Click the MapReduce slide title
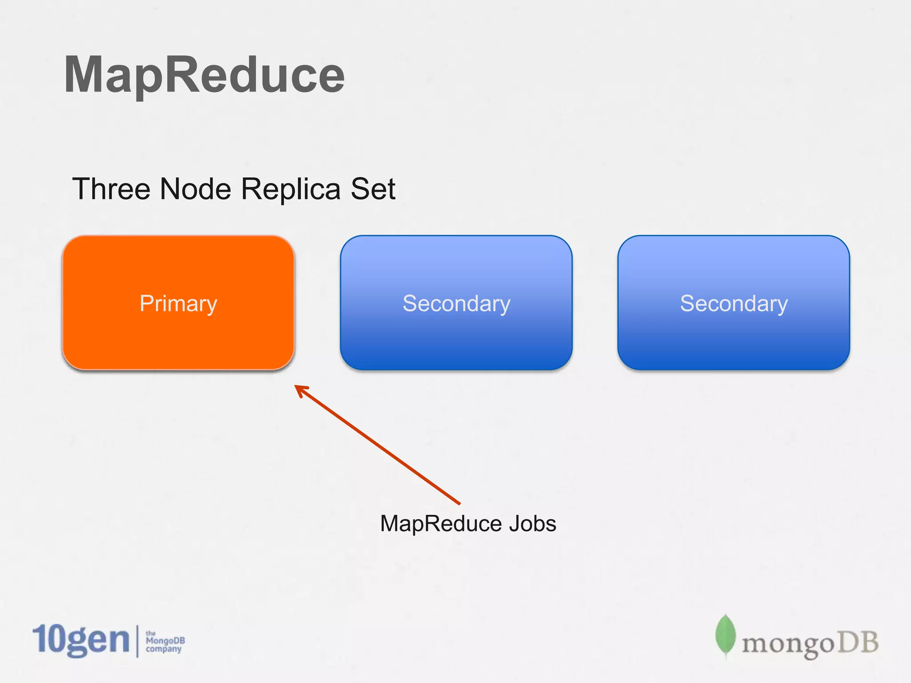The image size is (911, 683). [x=204, y=75]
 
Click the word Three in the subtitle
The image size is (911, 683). [x=111, y=189]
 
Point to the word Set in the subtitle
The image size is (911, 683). [x=373, y=189]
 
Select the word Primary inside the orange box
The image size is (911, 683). [x=178, y=304]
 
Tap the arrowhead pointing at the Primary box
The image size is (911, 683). [x=300, y=390]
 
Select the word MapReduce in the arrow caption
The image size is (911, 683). [x=441, y=523]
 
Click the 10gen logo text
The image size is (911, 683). [x=81, y=640]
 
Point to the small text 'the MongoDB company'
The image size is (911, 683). [x=165, y=641]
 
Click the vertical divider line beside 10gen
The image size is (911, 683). [x=137, y=641]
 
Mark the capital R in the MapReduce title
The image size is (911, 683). [x=180, y=75]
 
